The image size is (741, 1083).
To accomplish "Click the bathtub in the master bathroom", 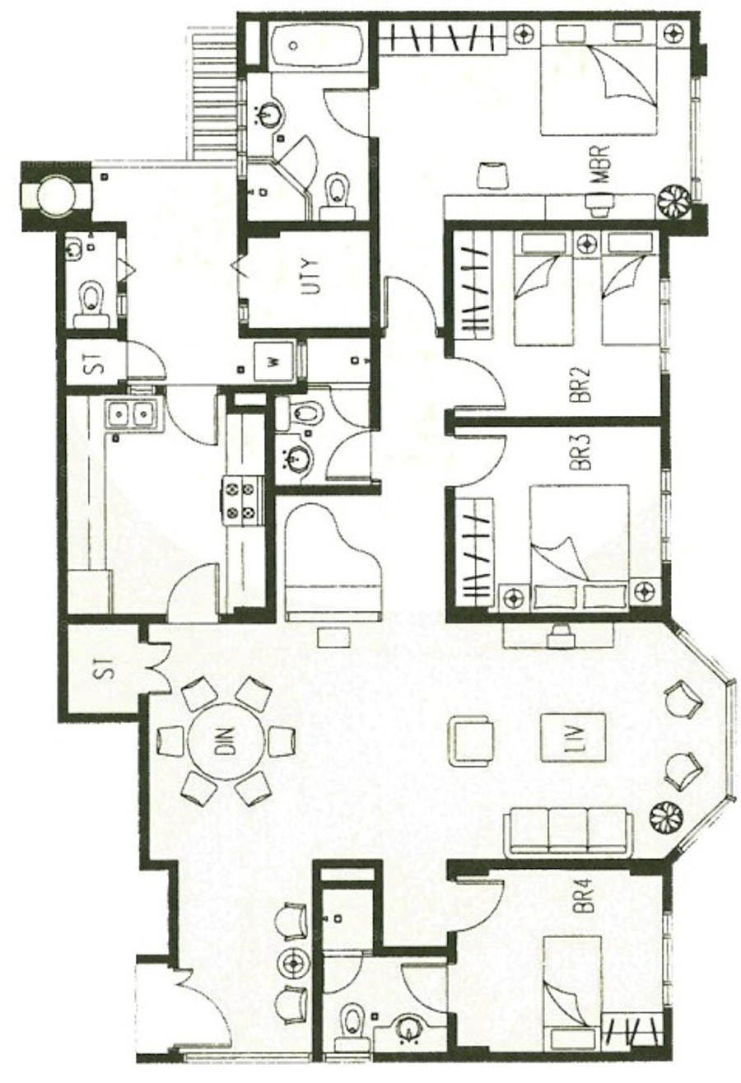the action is tap(317, 45).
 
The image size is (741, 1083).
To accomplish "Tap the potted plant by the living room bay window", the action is tap(666, 818).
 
